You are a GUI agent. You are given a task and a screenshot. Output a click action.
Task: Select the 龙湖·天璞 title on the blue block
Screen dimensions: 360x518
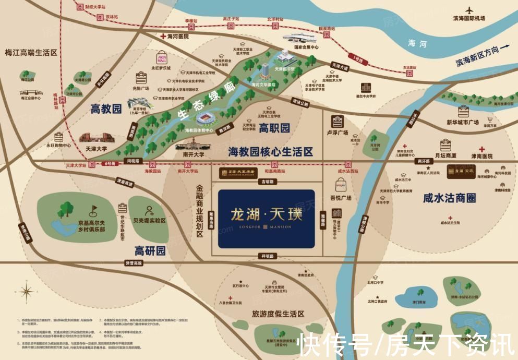[x=266, y=214]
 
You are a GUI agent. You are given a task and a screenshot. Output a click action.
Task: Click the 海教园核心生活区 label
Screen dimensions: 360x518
[x=270, y=152]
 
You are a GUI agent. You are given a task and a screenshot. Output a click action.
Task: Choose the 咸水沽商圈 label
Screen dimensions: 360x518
[x=449, y=198]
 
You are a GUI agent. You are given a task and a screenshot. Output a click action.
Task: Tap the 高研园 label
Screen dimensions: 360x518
[x=150, y=250]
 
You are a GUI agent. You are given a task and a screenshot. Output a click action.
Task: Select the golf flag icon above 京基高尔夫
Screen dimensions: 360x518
[x=93, y=210]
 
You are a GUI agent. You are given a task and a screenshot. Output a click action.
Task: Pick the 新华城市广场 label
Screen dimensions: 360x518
[x=462, y=122]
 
